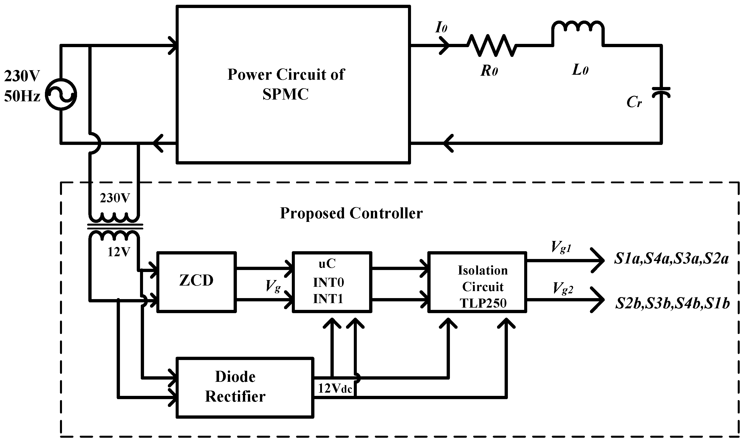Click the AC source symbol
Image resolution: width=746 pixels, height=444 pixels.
(x=61, y=94)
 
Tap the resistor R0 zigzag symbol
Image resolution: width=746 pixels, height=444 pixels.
(x=491, y=45)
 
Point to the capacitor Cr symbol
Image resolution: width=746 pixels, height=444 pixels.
(x=661, y=93)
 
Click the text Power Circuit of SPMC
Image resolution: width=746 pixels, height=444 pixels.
(x=286, y=84)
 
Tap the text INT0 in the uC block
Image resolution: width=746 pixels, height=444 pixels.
(x=328, y=282)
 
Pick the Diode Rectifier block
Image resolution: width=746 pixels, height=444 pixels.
(x=245, y=387)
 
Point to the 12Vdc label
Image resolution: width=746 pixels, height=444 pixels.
(x=335, y=388)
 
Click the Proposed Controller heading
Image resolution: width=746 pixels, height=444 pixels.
(x=351, y=213)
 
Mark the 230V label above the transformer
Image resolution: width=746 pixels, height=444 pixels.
(x=115, y=198)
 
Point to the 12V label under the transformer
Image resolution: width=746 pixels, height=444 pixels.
(x=119, y=252)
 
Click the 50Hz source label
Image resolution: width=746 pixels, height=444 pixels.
(x=22, y=97)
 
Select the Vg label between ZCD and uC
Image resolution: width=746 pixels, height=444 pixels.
(x=273, y=286)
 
